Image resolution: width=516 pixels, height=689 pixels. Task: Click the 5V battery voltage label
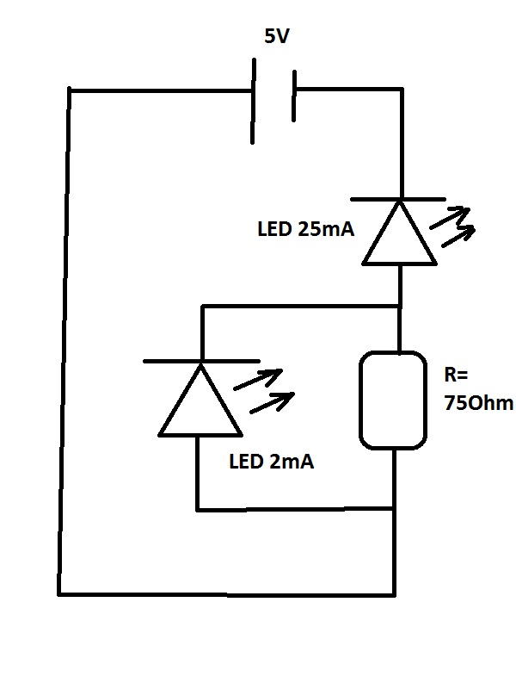[277, 38]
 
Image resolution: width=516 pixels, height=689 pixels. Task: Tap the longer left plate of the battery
[254, 101]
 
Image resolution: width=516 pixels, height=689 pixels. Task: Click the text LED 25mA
[305, 230]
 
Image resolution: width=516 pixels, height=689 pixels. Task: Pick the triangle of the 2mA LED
[200, 403]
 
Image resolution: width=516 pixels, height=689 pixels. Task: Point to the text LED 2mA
[271, 462]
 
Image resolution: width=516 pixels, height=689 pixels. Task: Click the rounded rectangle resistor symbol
[393, 400]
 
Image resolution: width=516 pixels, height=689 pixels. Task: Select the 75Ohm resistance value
[478, 404]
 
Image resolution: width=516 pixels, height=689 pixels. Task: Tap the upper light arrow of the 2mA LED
[259, 379]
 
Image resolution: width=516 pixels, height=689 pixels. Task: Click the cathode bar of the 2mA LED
[200, 361]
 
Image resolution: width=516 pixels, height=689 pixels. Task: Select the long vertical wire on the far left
[64, 344]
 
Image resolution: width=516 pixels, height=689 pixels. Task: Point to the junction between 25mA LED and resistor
[401, 305]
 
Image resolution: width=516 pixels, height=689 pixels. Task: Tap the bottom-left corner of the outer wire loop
[59, 593]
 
